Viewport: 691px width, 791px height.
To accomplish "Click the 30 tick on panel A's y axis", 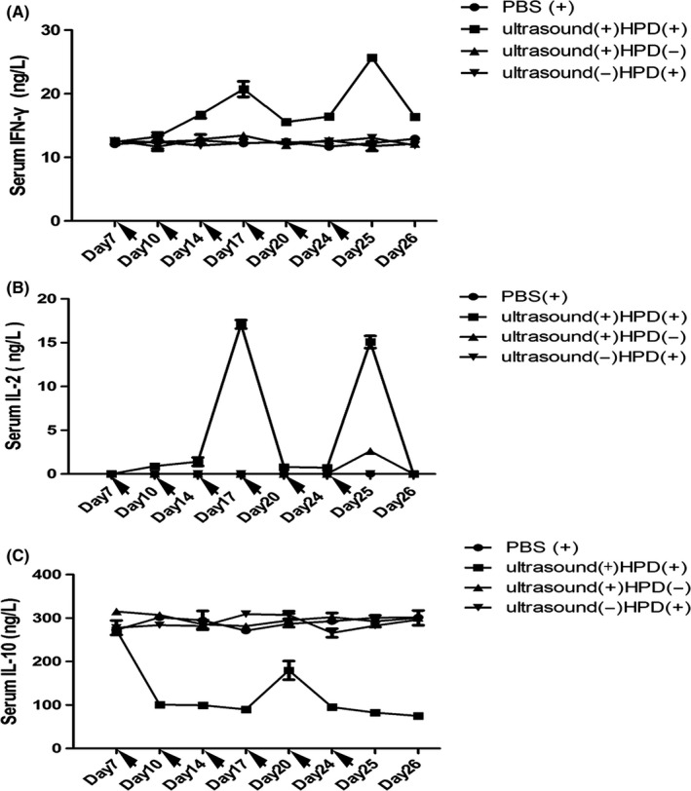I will point(60,30).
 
